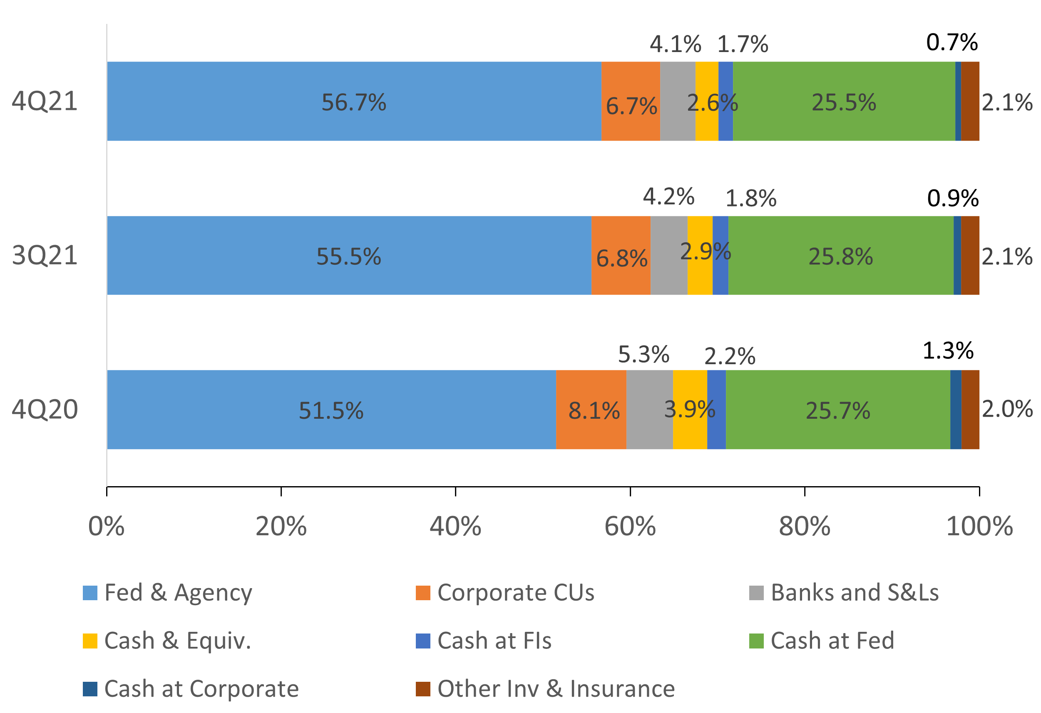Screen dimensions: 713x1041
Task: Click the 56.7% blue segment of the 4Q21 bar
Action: [x=354, y=101]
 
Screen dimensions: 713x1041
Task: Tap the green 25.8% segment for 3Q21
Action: [x=840, y=255]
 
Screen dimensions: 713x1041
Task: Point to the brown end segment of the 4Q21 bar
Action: [x=970, y=101]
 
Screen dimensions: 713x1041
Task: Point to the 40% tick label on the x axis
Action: [x=455, y=526]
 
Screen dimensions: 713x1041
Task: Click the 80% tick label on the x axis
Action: [x=804, y=526]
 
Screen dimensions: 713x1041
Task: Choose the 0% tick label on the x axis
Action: [x=106, y=526]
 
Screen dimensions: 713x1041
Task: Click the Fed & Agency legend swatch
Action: [x=90, y=593]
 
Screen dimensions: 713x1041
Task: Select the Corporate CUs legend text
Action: [x=516, y=593]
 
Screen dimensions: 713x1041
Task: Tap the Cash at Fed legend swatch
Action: [x=756, y=641]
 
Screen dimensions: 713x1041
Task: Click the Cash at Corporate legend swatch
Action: [x=90, y=689]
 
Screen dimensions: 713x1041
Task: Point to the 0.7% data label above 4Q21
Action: [x=952, y=42]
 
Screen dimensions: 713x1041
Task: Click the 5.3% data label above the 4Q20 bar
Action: [x=643, y=355]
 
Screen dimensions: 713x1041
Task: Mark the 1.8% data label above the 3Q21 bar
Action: [x=751, y=199]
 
